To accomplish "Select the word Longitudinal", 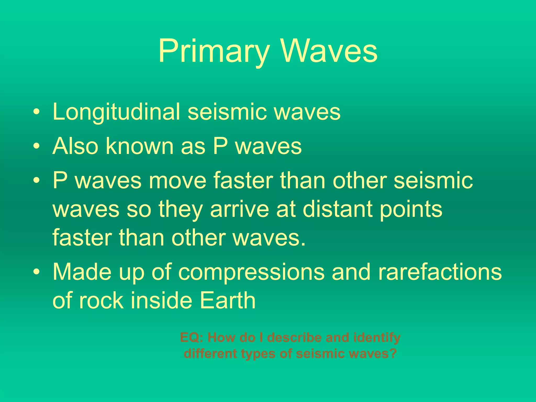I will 116,112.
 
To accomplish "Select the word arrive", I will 239,209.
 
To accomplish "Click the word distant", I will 338,209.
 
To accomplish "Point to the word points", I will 411,210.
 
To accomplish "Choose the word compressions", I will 251,272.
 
